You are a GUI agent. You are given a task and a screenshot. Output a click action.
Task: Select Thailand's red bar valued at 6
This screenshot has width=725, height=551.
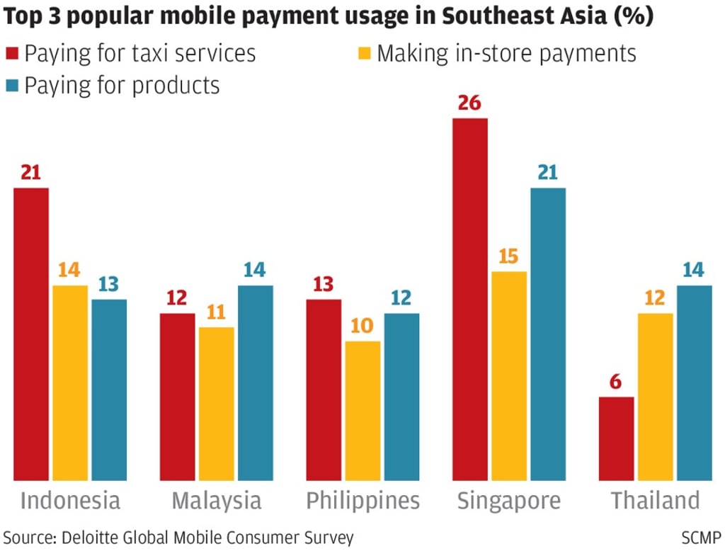tap(616, 438)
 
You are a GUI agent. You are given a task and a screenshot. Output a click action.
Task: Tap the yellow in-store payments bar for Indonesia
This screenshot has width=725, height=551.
tap(70, 383)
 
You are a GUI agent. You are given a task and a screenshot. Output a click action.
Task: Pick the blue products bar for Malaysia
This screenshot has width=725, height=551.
tap(256, 383)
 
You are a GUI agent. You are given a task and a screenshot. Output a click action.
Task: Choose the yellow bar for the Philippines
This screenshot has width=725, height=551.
tap(362, 411)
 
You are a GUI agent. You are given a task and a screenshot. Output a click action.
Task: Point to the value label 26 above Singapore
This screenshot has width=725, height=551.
tap(469, 103)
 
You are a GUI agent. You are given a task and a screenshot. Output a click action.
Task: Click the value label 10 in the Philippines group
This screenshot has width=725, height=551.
tap(362, 326)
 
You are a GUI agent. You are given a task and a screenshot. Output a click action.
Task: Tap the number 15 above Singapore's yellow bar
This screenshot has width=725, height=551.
tap(508, 256)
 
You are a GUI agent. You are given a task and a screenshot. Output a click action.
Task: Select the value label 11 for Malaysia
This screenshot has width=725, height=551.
tap(216, 312)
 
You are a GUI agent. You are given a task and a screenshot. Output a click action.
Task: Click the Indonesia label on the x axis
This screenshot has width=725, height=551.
tap(70, 501)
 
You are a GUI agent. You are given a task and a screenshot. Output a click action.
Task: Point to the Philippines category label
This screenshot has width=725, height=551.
tap(362, 501)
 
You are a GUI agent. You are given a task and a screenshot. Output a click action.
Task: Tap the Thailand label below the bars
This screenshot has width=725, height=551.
tap(655, 501)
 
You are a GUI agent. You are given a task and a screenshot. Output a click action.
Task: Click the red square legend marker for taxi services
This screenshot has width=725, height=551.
tap(12, 54)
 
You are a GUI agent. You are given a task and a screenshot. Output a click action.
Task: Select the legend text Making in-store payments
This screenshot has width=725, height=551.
tap(506, 53)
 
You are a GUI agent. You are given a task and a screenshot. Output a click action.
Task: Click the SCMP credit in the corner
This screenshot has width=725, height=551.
tap(701, 537)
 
